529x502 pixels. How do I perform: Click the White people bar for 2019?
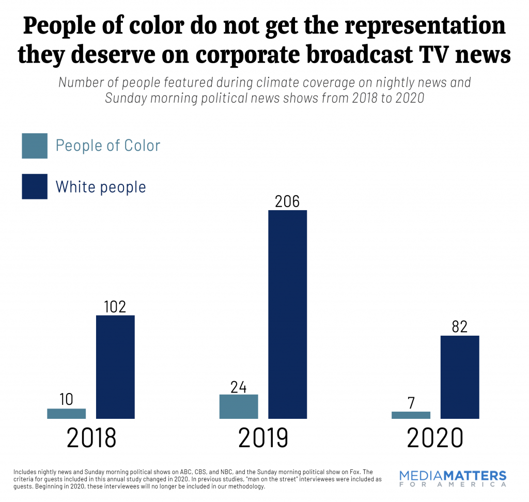click(x=287, y=314)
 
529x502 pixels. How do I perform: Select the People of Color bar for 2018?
click(x=66, y=413)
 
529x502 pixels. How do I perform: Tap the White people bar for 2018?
click(x=115, y=367)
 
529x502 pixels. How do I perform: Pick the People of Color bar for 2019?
click(x=238, y=406)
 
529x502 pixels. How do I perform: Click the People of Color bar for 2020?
click(x=411, y=415)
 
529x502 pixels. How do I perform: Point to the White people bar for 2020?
click(x=460, y=377)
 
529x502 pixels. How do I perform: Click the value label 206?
click(x=287, y=201)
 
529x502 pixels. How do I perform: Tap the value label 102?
click(x=115, y=306)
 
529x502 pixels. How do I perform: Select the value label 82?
click(x=460, y=327)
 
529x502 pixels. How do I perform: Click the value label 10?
click(x=66, y=399)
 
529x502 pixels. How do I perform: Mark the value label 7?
click(x=411, y=402)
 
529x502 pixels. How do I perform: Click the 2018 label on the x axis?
click(x=91, y=438)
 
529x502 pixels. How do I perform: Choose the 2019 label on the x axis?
click(x=263, y=438)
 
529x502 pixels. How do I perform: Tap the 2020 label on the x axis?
click(x=434, y=438)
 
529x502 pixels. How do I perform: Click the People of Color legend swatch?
click(x=35, y=146)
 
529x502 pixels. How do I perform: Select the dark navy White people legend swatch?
click(x=35, y=186)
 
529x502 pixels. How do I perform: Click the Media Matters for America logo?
click(x=453, y=479)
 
